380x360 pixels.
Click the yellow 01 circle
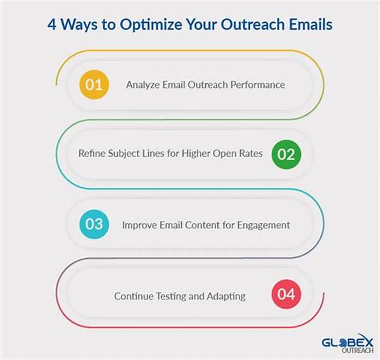coord(94,85)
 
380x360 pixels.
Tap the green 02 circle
coord(286,154)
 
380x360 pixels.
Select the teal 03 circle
coord(94,224)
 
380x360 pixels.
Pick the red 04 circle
coord(286,294)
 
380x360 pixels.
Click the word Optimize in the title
coord(151,25)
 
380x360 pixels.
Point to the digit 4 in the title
coord(52,25)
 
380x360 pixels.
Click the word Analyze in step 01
coord(142,85)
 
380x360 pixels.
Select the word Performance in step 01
coord(258,85)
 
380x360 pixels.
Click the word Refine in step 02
coord(92,153)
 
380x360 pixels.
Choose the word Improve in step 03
coord(139,225)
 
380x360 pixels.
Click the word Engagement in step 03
coord(263,225)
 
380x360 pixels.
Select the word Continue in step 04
coord(134,296)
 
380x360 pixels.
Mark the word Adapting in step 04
coord(226,296)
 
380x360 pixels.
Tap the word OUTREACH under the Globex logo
coord(357,351)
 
